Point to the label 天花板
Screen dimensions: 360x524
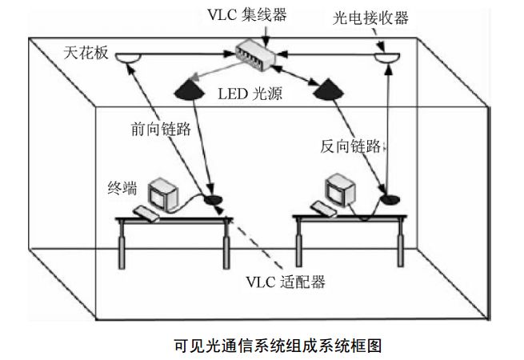[83, 53]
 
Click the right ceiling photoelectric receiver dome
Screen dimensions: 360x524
[387, 58]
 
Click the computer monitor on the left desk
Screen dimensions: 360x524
[165, 192]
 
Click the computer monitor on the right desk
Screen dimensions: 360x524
[338, 192]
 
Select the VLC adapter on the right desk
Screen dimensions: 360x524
[390, 198]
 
